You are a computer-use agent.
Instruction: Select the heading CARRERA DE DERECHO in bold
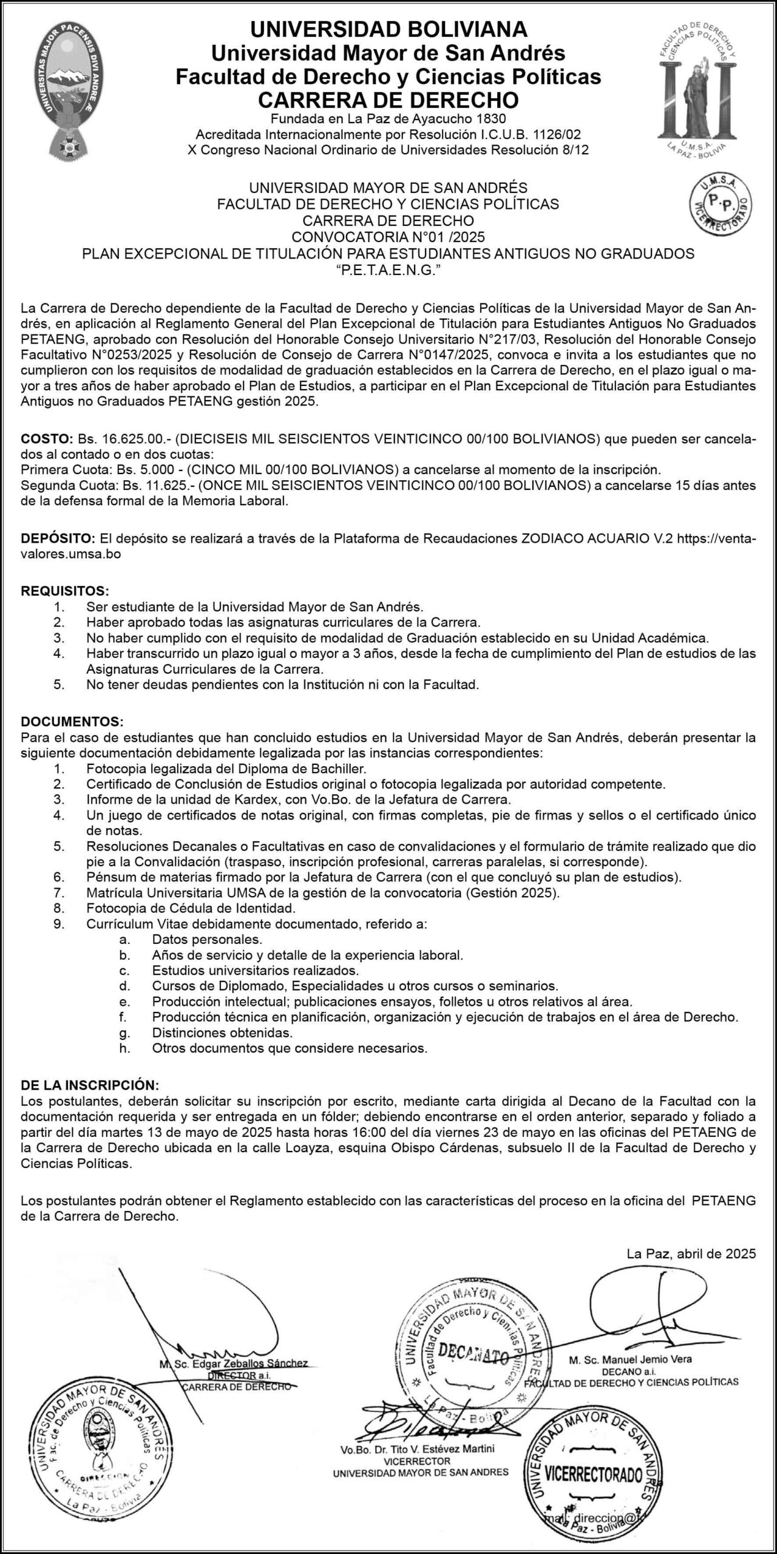pos(388,100)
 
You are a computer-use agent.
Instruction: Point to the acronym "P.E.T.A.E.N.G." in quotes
pos(388,271)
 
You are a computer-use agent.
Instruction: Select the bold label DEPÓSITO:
pos(58,538)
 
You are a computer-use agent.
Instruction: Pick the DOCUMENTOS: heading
pos(72,722)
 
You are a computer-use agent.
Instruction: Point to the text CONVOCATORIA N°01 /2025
pos(388,236)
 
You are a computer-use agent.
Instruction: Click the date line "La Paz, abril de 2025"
pos(691,1253)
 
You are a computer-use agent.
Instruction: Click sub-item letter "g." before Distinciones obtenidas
pos(125,1032)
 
